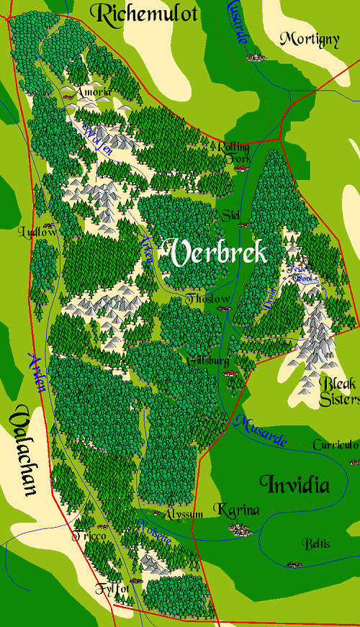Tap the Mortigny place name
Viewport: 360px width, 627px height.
(309, 39)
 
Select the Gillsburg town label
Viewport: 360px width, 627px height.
(209, 360)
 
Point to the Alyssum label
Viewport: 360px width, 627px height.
(183, 514)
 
